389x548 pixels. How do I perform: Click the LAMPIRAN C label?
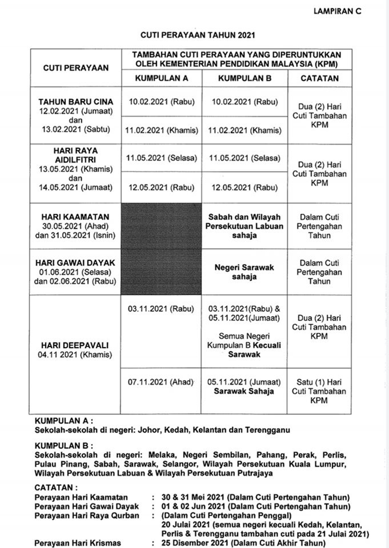(x=337, y=11)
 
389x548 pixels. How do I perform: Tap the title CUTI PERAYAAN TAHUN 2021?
(x=198, y=35)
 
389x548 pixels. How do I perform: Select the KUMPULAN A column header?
(x=162, y=78)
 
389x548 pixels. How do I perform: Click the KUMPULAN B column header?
(x=245, y=78)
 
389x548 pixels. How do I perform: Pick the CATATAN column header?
(x=319, y=78)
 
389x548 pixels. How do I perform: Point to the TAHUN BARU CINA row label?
(x=76, y=102)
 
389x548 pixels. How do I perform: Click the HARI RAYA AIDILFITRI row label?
(x=76, y=155)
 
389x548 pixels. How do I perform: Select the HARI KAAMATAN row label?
(x=75, y=217)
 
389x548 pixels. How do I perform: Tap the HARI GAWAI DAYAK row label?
(x=75, y=263)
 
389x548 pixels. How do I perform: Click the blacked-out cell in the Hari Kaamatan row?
(x=161, y=226)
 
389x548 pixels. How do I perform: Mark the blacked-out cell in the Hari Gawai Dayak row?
(x=161, y=272)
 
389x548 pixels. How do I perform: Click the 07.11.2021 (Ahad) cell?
(x=161, y=382)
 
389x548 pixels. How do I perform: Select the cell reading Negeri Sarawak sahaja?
(x=244, y=272)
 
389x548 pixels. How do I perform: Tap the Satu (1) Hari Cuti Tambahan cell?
(x=319, y=391)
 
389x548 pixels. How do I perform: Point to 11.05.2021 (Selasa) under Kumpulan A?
(x=162, y=158)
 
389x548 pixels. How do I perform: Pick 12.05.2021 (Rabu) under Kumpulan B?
(x=245, y=188)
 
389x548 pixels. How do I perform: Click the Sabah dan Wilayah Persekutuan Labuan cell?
(x=244, y=226)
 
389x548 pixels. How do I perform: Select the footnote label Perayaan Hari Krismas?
(x=77, y=543)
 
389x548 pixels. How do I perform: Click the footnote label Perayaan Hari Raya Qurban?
(x=87, y=516)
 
